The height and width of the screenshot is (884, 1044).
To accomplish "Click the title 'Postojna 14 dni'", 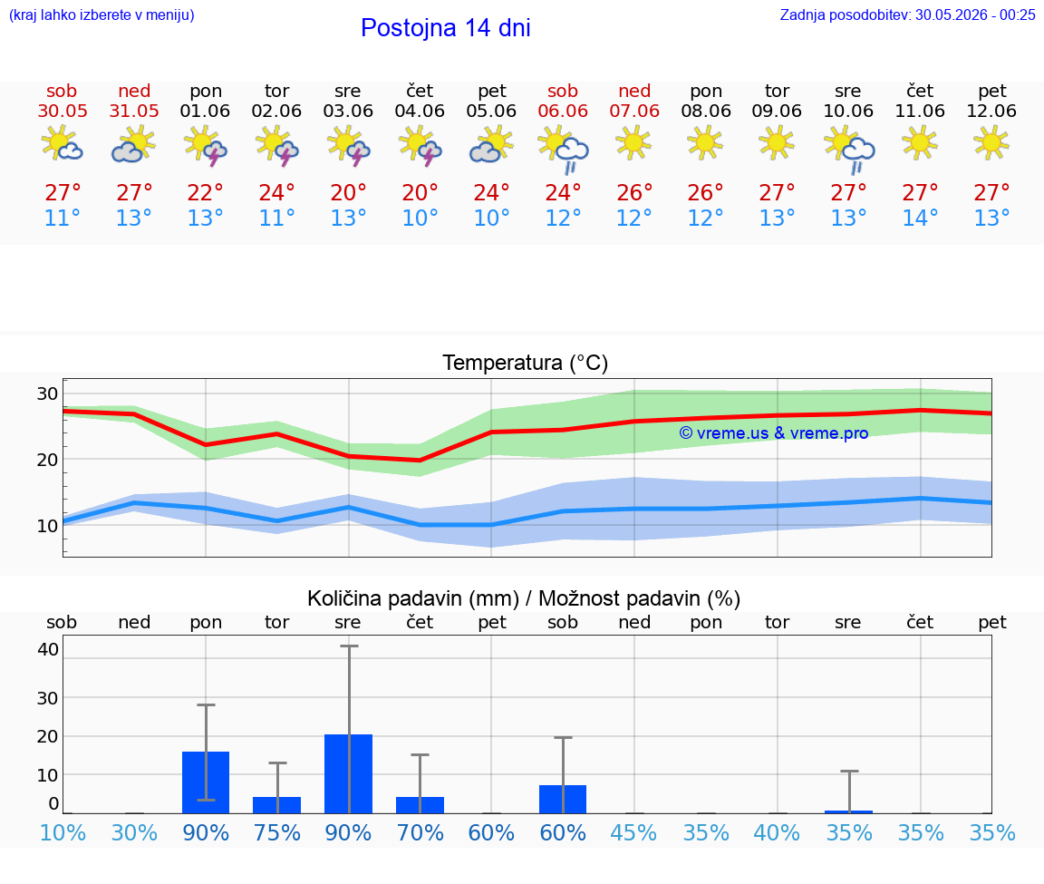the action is [x=446, y=28].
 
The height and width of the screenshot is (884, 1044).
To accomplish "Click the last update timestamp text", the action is [x=907, y=15].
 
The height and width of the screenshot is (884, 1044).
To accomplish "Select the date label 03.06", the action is [x=348, y=111].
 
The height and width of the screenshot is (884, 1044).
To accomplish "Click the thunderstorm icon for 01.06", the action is [x=205, y=146].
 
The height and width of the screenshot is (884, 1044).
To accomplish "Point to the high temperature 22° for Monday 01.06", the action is [x=205, y=192].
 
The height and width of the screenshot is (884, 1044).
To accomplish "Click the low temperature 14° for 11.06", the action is [x=920, y=218].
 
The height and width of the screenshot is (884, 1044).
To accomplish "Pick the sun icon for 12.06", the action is [x=991, y=142].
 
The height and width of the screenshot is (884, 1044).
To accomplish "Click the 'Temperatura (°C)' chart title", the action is [x=526, y=363].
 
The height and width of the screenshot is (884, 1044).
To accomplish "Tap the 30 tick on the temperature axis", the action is [x=47, y=393].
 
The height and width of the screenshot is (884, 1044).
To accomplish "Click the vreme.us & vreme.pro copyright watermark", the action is [x=774, y=433].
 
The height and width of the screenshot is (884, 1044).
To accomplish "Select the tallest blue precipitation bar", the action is [x=348, y=773].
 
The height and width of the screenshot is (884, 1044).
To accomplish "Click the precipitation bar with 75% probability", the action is [x=277, y=805].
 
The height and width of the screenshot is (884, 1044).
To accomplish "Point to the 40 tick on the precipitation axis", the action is [x=48, y=649].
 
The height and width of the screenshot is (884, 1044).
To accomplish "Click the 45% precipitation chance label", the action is [x=633, y=832].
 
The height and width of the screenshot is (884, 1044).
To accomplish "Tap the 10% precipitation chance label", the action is [x=63, y=832].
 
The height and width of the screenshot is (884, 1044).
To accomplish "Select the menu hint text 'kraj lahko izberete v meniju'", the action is [x=101, y=15].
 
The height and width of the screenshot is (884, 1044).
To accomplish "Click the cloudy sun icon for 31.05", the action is [x=134, y=145].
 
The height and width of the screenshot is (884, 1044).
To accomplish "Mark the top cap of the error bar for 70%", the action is [x=420, y=754].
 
